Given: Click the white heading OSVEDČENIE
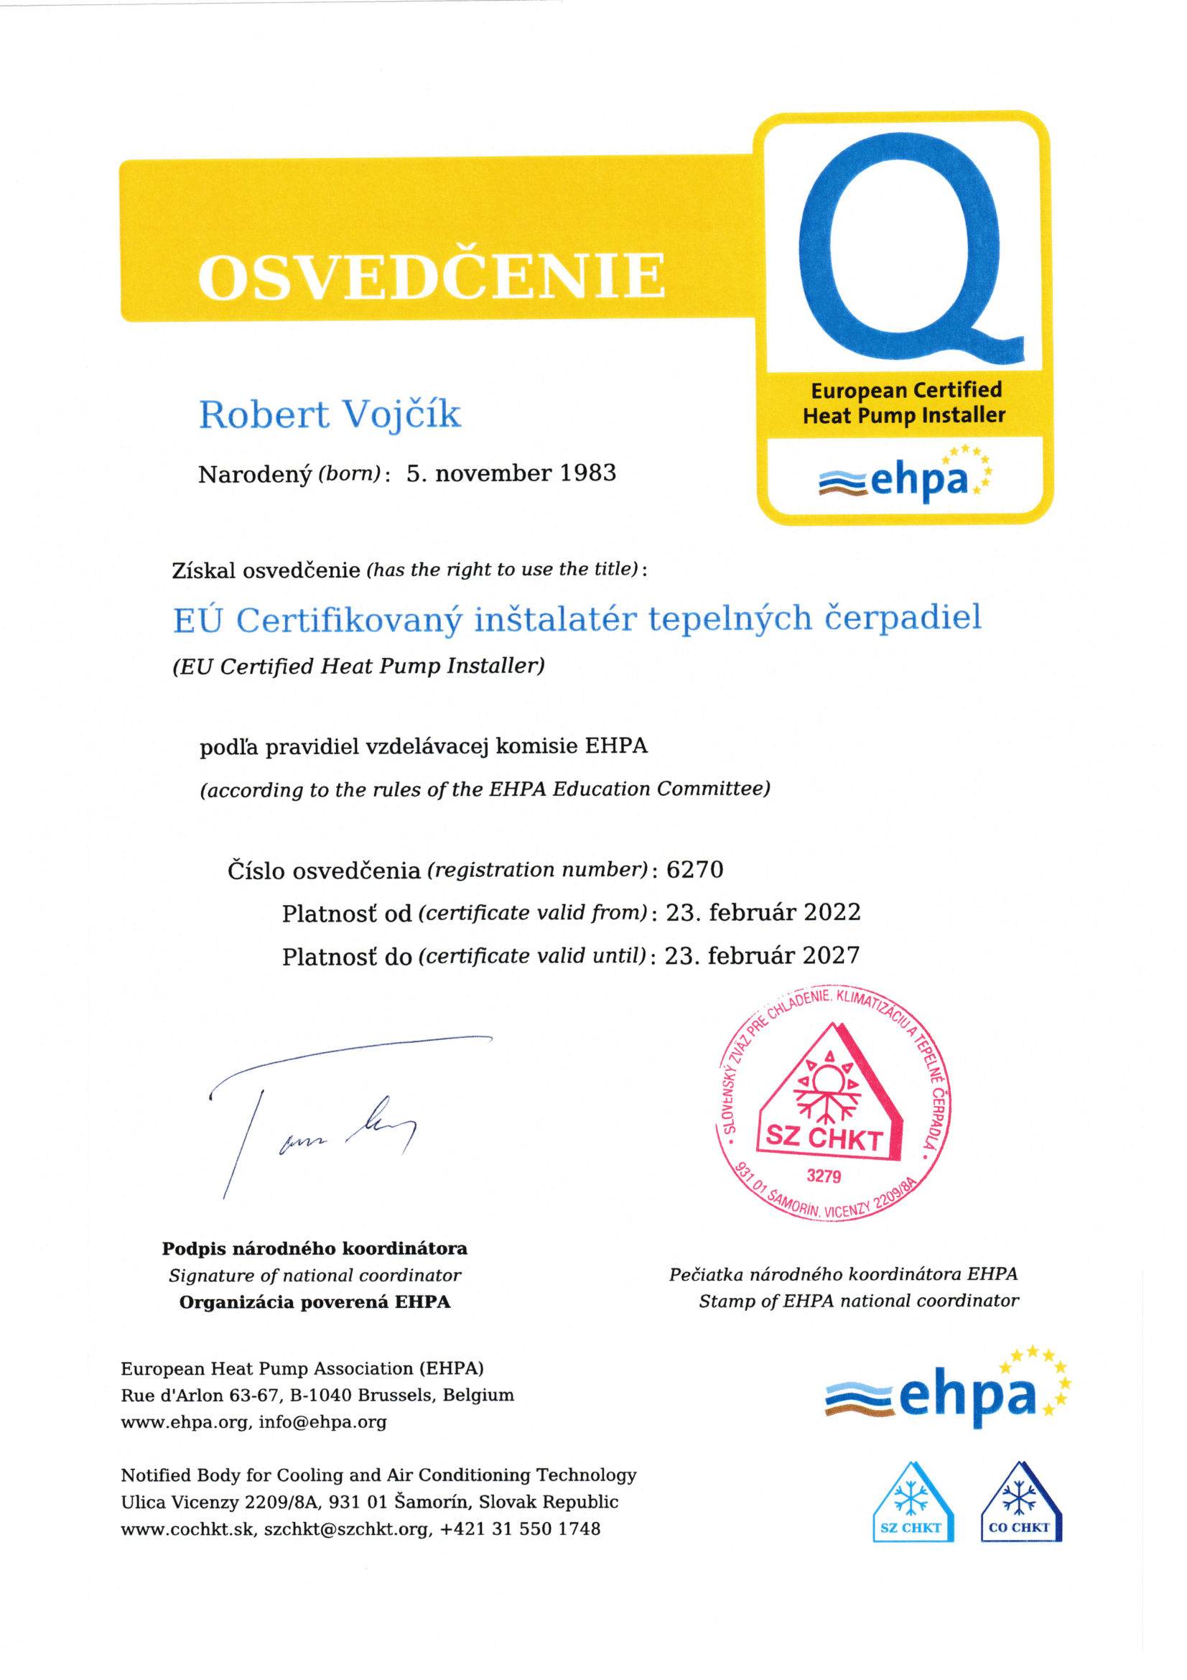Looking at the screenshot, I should (x=432, y=277).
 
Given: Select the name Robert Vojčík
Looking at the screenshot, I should (x=330, y=415).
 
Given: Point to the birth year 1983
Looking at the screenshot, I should (x=588, y=473).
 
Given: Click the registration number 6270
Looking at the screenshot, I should (x=695, y=869).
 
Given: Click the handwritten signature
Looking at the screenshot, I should (x=329, y=1112).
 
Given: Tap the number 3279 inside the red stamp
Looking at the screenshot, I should (x=824, y=1176).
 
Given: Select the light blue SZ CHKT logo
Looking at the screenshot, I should (x=912, y=1503).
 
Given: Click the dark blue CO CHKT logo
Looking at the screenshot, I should (x=1020, y=1503).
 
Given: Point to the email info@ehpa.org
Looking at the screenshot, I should (x=322, y=1421).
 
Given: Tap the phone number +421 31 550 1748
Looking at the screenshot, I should (x=520, y=1528).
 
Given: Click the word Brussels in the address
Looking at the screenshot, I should (x=395, y=1395).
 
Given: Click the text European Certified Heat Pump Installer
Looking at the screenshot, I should (x=905, y=402).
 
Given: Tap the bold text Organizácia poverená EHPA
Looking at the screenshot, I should (x=315, y=1301).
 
